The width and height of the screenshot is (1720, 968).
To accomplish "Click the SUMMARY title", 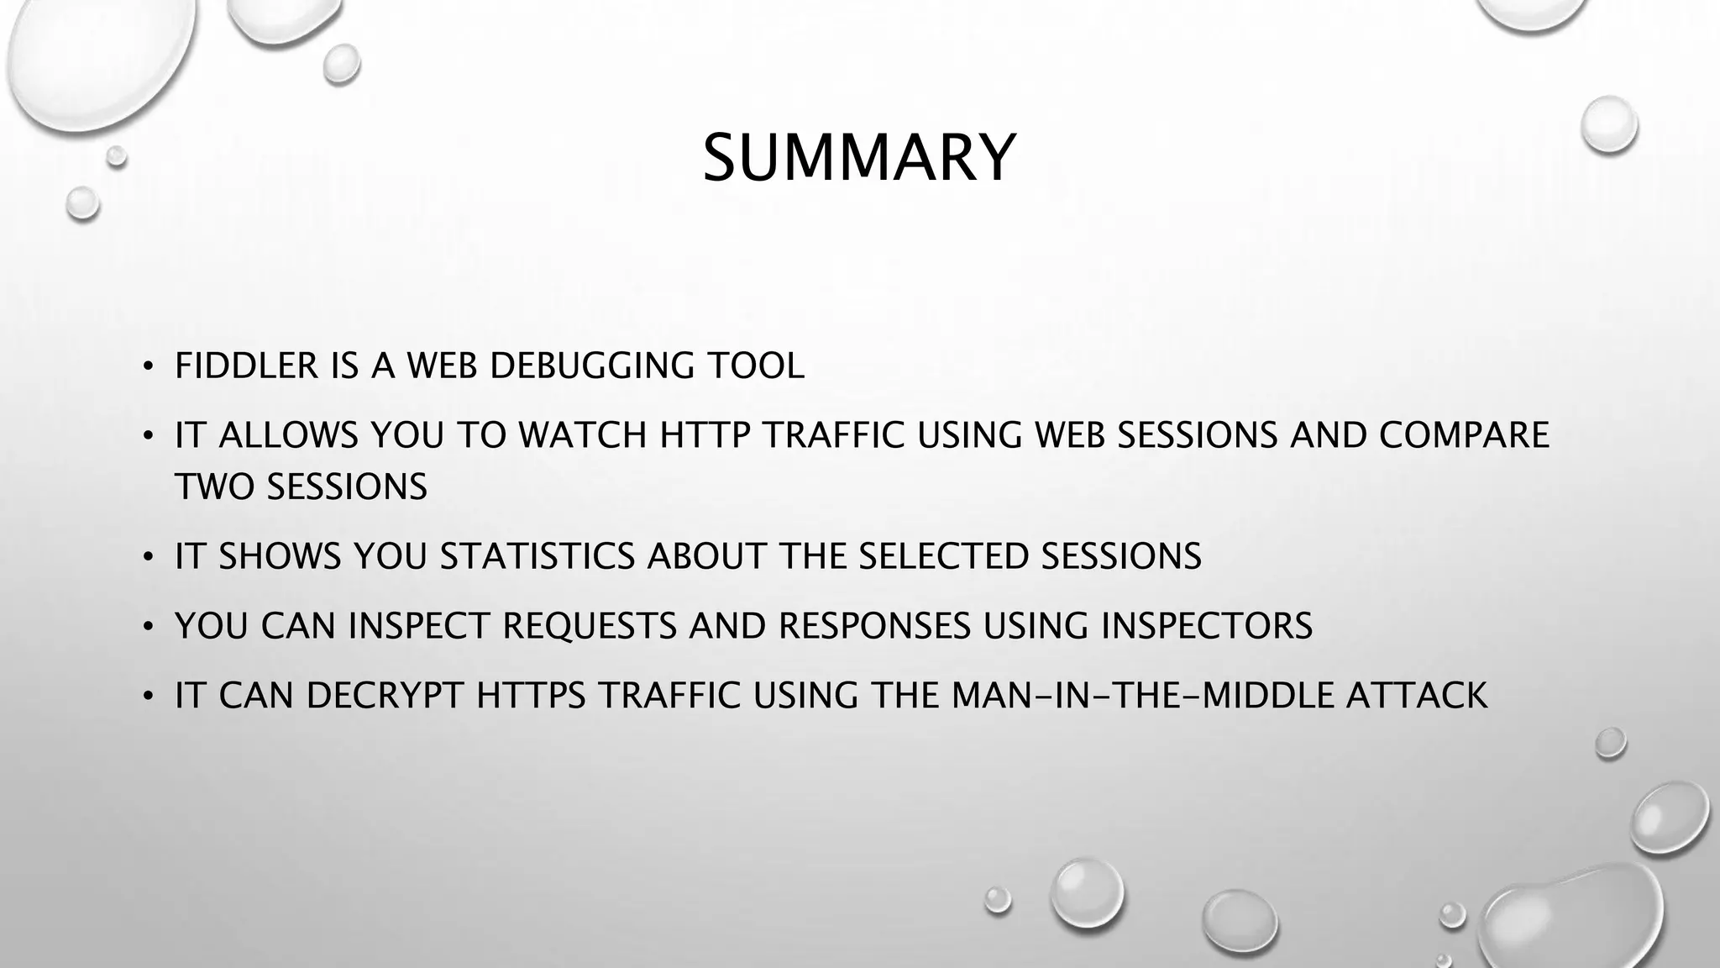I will pyautogui.click(x=859, y=157).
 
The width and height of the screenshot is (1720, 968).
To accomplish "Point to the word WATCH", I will pyautogui.click(x=582, y=435).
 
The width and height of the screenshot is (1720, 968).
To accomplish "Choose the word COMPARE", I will pyautogui.click(x=1464, y=435).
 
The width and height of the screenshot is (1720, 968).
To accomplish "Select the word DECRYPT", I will pyautogui.click(x=385, y=696).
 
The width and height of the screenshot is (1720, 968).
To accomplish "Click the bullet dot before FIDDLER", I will pyautogui.click(x=147, y=367).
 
